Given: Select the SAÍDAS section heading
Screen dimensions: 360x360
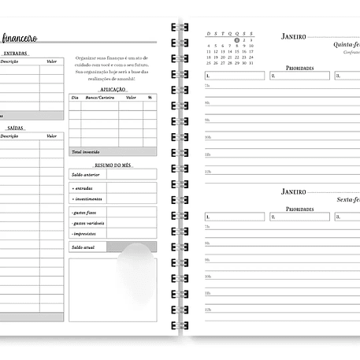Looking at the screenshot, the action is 15,127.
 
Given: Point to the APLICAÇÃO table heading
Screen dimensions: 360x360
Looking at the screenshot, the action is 113,90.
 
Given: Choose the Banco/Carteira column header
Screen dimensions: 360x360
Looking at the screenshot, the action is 100,98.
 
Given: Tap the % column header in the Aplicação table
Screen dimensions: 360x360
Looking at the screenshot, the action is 149,98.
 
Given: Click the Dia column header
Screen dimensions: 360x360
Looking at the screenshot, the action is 75,98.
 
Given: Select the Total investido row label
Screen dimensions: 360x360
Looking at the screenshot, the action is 85,151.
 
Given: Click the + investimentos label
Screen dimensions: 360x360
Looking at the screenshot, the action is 86,199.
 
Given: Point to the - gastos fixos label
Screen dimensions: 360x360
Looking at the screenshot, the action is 84,213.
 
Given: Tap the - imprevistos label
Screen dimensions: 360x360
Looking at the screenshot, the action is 84,234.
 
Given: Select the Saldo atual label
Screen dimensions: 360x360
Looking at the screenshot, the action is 83,247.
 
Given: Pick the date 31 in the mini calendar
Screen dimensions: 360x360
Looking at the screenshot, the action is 236,63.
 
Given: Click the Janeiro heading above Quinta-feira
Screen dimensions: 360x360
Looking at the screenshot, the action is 293,36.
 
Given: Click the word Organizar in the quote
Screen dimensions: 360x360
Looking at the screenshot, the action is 85,58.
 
